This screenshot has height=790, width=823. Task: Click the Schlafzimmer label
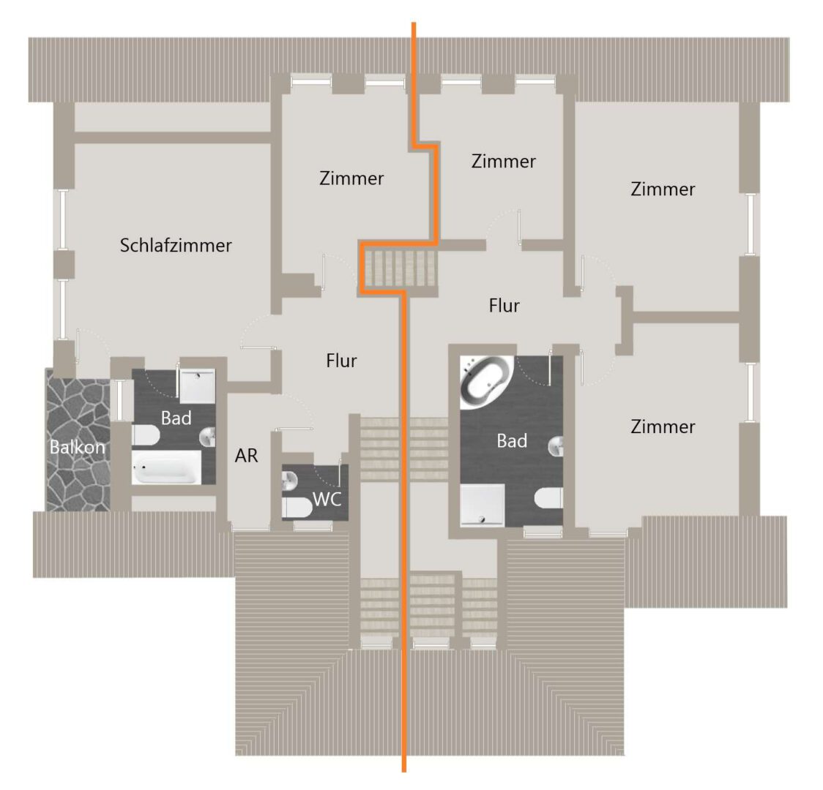click(x=176, y=245)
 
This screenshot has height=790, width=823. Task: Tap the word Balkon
click(x=78, y=447)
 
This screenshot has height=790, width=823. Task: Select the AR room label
click(x=246, y=456)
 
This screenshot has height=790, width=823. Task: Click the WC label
click(x=327, y=499)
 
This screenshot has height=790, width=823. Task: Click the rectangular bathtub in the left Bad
click(x=166, y=467)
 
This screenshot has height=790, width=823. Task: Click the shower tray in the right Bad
click(x=483, y=505)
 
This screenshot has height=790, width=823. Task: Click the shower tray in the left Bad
click(x=198, y=386)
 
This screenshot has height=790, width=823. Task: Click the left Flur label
click(x=341, y=361)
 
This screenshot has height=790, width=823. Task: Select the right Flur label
click(x=504, y=306)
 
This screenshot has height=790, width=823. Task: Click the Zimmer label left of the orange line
click(x=351, y=178)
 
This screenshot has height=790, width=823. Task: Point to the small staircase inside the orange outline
click(x=401, y=268)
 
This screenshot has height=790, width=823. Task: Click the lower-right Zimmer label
click(x=663, y=426)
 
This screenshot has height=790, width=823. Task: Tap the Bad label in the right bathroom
click(x=512, y=441)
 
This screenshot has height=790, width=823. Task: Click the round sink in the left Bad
click(x=208, y=437)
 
